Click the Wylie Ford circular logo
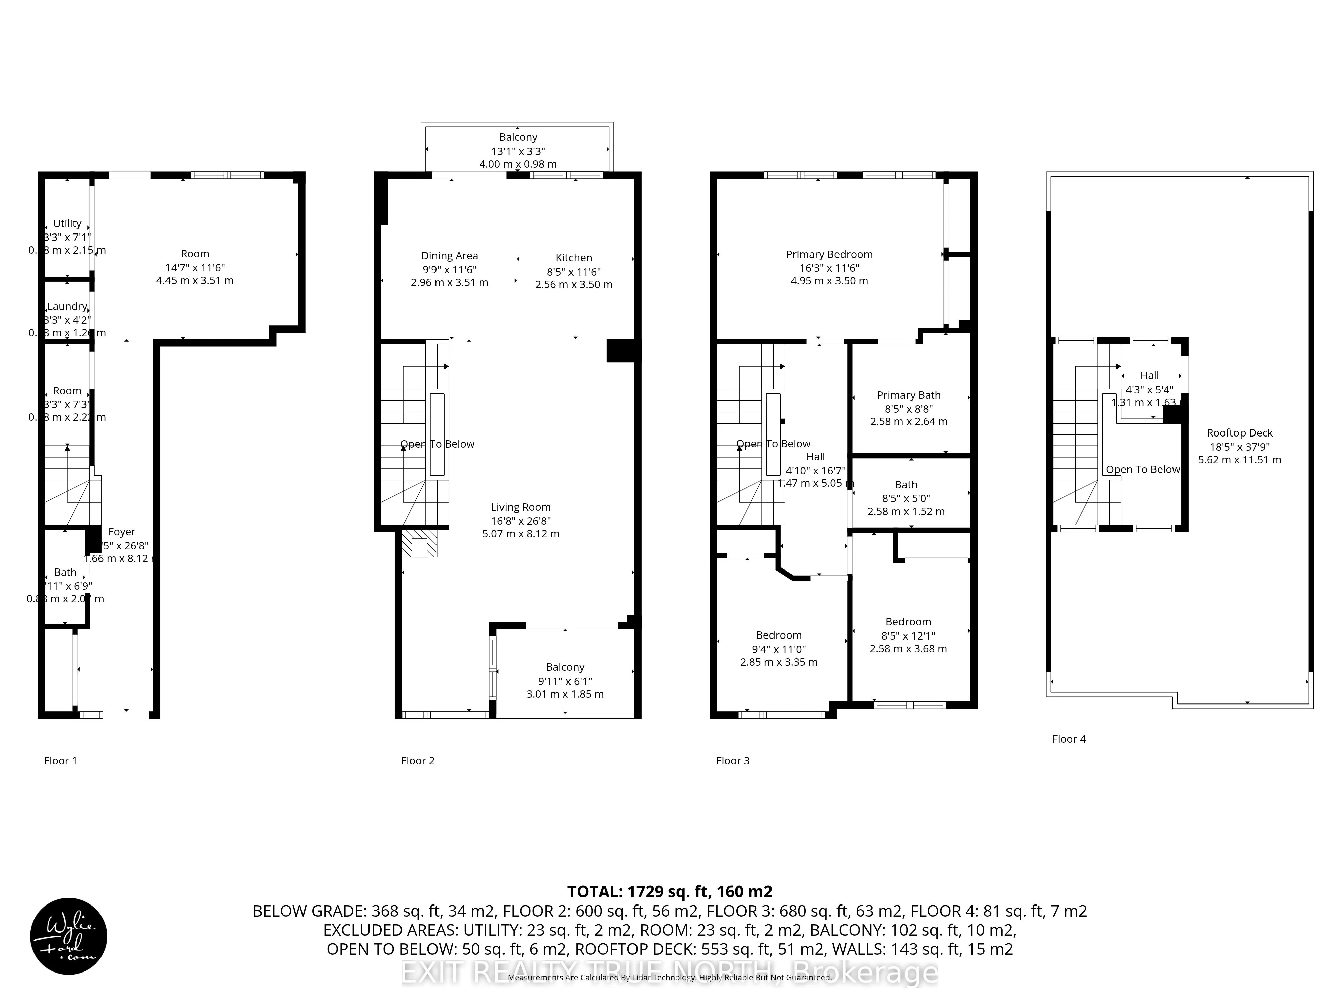[x=68, y=936]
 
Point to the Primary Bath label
[x=908, y=395]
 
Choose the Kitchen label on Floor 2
[x=574, y=258]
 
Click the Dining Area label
[x=450, y=256]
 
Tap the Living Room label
[x=520, y=507]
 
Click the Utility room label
[x=67, y=223]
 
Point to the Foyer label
[x=121, y=532]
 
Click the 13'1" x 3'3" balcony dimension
[x=518, y=151]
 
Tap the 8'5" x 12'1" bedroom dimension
[x=908, y=635]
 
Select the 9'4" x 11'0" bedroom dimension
[x=779, y=649]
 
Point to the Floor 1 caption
[x=61, y=761]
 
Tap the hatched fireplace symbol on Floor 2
[x=419, y=544]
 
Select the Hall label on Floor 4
[x=1149, y=376]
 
